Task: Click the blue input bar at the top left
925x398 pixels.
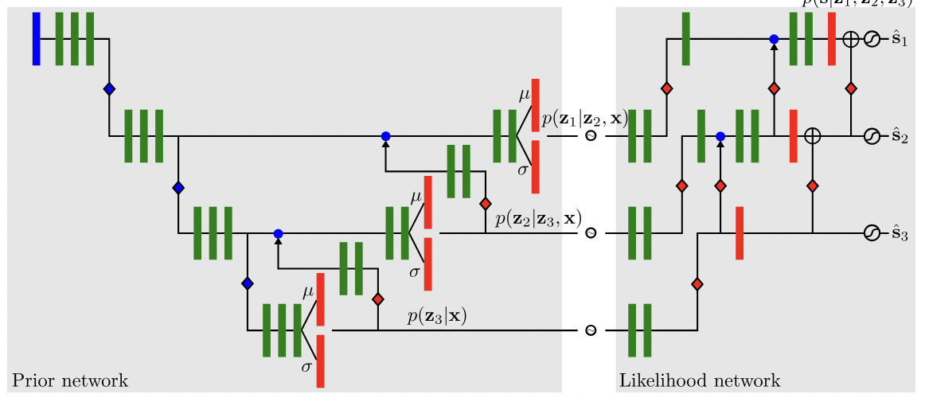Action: [36, 39]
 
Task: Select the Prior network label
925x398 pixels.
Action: [69, 380]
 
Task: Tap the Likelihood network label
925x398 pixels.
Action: [699, 380]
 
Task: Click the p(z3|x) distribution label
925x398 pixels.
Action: [436, 316]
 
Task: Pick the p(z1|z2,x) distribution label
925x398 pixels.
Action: [584, 119]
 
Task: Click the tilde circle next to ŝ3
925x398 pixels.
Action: [871, 233]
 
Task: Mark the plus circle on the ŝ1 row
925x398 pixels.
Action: [850, 39]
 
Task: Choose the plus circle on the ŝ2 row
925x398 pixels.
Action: [812, 136]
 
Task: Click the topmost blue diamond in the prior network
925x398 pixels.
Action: [109, 89]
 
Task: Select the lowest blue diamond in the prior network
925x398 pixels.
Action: [248, 283]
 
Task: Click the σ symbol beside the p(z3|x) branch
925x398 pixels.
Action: [306, 367]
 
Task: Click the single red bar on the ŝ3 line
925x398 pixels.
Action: [740, 233]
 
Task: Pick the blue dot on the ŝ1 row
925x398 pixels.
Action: [774, 39]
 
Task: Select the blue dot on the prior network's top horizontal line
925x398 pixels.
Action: [385, 136]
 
